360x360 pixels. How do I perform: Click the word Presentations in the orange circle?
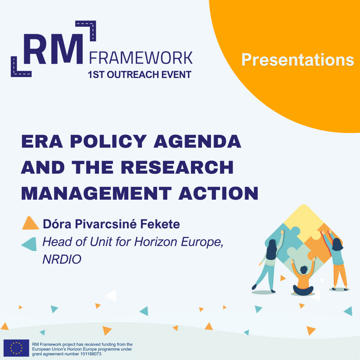coord(298,60)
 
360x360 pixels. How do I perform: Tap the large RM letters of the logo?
coord(53,49)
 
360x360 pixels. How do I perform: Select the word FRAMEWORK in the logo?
coord(141,58)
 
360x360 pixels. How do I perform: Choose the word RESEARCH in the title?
coord(177,167)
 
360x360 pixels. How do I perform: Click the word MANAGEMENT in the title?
coord(96,193)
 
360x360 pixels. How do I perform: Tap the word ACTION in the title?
coord(218,193)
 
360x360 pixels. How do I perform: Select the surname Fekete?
coord(160,224)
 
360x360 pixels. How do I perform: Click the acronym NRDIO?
coord(62,259)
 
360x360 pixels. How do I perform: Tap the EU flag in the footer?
coord(16,348)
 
